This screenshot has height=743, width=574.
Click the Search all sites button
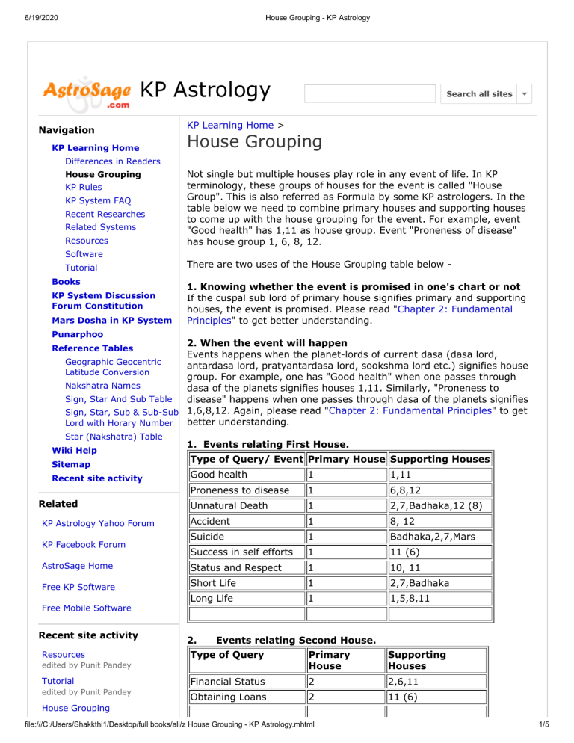point(479,93)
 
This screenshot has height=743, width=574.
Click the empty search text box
point(369,93)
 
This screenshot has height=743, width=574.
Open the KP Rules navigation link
point(84,187)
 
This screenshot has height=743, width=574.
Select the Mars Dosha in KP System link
point(111,321)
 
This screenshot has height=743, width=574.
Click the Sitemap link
point(72,464)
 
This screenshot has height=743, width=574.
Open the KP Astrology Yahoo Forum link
point(98,523)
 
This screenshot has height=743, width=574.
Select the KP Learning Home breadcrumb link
point(231,126)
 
